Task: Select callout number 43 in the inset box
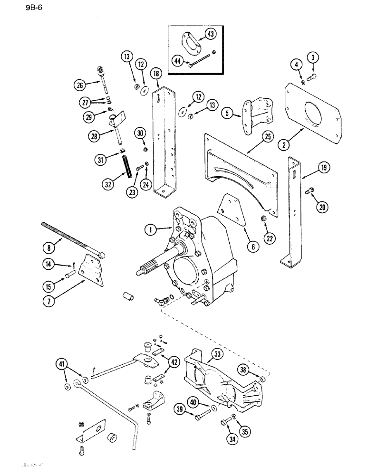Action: (211, 33)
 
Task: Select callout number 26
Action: (79, 86)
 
